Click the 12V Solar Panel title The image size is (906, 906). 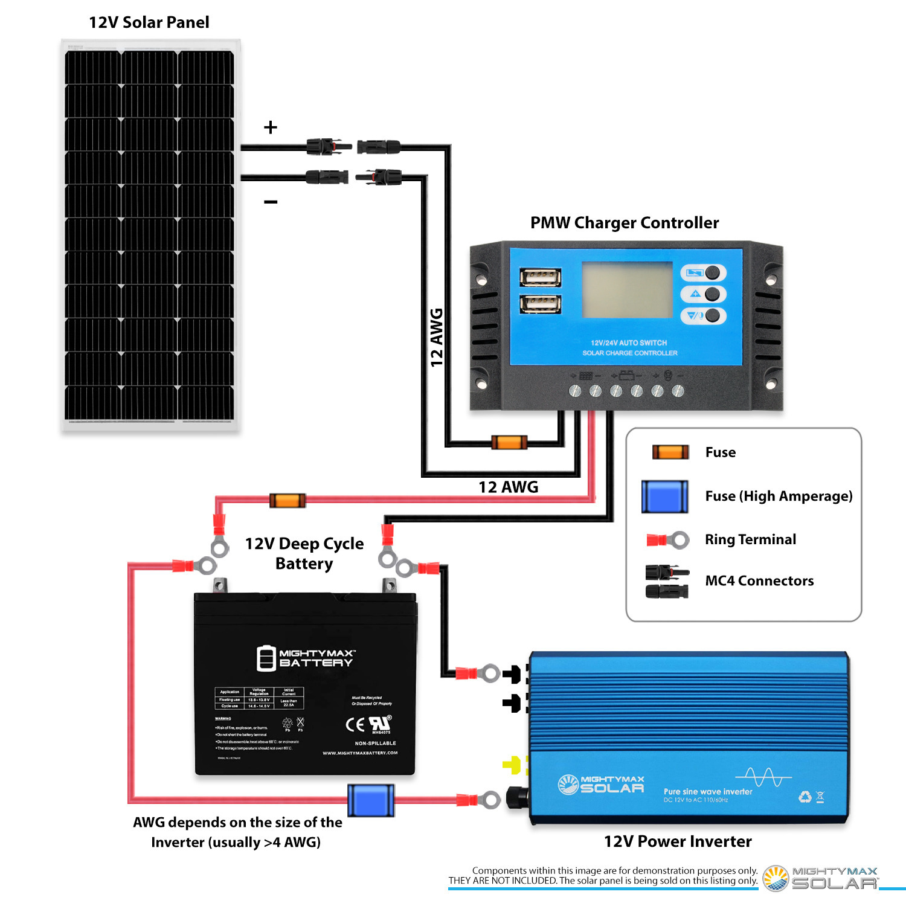149,22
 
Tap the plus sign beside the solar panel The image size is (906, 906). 271,127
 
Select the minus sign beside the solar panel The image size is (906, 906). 271,202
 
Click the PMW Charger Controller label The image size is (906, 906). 624,223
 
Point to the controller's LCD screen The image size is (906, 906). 627,289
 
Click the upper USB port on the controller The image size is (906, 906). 540,277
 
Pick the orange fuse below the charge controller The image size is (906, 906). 509,442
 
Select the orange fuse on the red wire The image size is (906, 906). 288,500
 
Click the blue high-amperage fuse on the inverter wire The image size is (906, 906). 371,800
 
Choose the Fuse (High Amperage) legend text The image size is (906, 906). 779,496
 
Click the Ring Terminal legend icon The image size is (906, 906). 667,539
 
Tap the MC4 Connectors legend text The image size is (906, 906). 759,580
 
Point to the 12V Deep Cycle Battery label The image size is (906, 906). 304,553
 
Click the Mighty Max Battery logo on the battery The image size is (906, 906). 306,658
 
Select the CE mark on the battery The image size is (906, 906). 355,724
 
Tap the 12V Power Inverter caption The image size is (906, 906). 678,841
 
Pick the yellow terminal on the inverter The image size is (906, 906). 512,765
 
